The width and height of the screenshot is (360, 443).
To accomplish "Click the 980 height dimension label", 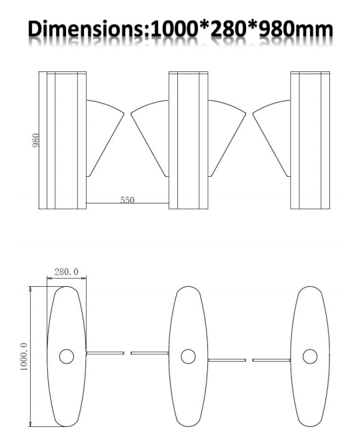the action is point(36,140).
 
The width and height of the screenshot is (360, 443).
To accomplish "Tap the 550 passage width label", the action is point(127,199).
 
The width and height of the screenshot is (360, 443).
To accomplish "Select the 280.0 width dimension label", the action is point(67,272).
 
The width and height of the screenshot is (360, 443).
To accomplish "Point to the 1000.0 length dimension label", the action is point(24,356).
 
